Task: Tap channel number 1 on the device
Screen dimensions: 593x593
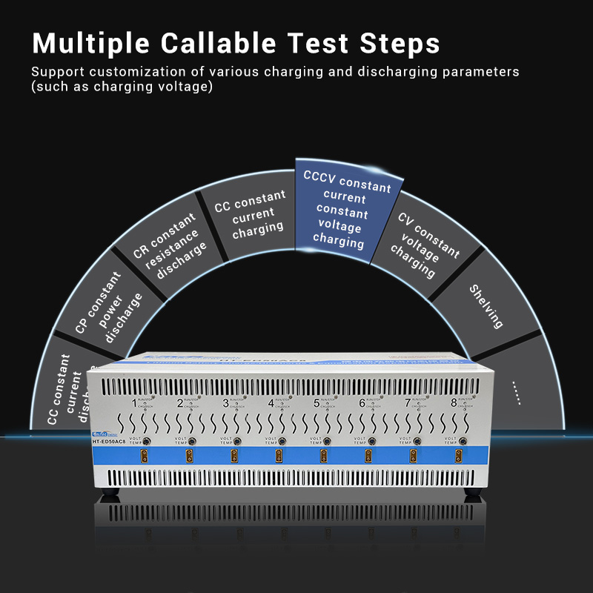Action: (134, 404)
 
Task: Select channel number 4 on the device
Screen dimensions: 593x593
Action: (271, 404)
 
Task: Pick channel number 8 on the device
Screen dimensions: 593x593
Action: (454, 404)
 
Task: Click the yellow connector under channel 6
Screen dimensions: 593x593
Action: (368, 454)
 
